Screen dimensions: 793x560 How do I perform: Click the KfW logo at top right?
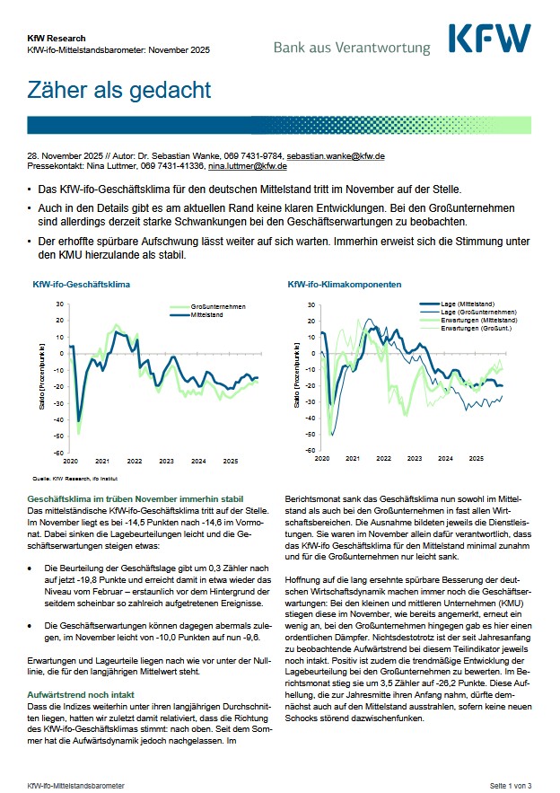point(489,40)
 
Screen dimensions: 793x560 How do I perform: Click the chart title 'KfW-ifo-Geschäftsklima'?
point(81,284)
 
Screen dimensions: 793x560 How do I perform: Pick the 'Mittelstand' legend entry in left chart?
point(207,314)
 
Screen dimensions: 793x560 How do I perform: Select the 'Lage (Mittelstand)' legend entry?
point(467,305)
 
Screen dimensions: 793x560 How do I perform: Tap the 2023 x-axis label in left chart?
point(166,461)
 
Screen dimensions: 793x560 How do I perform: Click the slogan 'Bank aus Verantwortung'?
point(352,47)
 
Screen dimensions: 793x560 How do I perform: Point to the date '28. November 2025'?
point(65,156)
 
